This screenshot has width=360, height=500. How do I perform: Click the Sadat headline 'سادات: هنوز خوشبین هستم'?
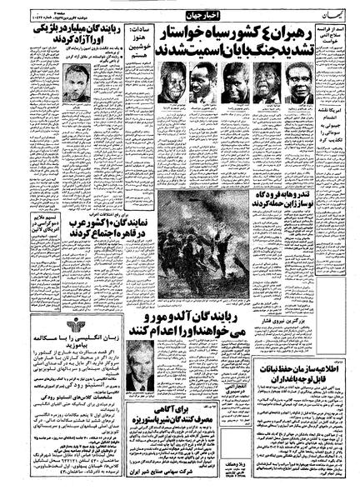(138, 46)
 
